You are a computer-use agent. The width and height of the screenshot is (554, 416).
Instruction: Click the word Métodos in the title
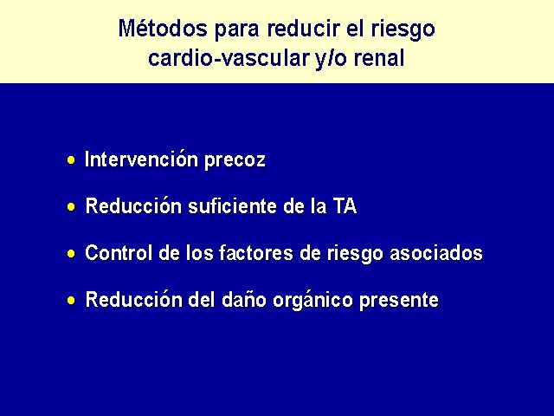[x=163, y=29]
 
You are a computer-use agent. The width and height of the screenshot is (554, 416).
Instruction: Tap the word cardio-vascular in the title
[x=229, y=58]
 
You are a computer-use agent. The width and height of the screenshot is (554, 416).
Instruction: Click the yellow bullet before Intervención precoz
[x=71, y=160]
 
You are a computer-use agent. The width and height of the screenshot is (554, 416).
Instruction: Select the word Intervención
[x=141, y=159]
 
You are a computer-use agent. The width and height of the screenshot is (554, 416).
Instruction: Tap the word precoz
[x=235, y=161]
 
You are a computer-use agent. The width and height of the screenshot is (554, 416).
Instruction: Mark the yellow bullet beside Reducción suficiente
[x=71, y=206]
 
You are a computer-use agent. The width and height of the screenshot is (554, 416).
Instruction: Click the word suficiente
[x=232, y=205]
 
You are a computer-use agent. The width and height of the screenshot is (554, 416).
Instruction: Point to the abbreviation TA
[x=345, y=206]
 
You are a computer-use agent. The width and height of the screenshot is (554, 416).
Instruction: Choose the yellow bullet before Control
[x=71, y=253]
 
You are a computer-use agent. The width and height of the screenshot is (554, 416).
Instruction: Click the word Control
[x=119, y=252]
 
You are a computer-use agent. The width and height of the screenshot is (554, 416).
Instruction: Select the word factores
[x=256, y=252]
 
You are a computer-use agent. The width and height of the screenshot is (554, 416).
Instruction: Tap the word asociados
[x=436, y=252]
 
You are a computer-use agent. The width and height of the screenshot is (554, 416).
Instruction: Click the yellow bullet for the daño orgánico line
[x=71, y=301]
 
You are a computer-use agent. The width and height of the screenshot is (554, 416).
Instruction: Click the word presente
[x=399, y=301]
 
